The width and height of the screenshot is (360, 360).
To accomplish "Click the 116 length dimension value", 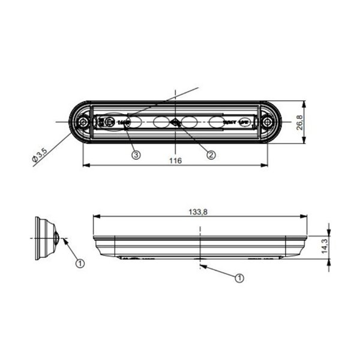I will [x=175, y=161].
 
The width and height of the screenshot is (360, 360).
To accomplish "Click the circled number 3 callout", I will [x=136, y=154].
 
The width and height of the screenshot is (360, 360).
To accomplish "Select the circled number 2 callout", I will [x=211, y=154].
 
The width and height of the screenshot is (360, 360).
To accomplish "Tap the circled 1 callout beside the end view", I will [x=79, y=262].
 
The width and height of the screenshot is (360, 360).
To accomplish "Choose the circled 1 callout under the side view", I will [x=240, y=278].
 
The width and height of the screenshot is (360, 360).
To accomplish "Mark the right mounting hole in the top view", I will [x=266, y=122].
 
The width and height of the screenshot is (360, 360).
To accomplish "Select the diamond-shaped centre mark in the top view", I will [x=175, y=122].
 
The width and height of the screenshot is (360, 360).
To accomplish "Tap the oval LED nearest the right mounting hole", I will [x=219, y=122].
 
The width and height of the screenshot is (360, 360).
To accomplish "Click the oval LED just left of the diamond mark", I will [x=160, y=122].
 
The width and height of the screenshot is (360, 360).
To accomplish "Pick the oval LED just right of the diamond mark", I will [x=190, y=122].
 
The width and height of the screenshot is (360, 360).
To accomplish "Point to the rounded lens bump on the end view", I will [x=55, y=238].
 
